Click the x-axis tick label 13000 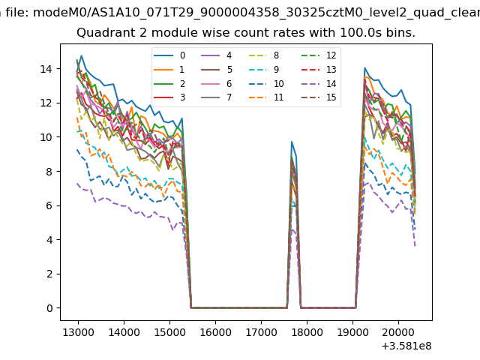[x=77, y=331]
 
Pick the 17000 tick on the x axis [x=260, y=331]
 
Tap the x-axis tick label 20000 [x=397, y=331]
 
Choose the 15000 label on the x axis [x=169, y=331]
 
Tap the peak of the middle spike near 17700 [x=292, y=142]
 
